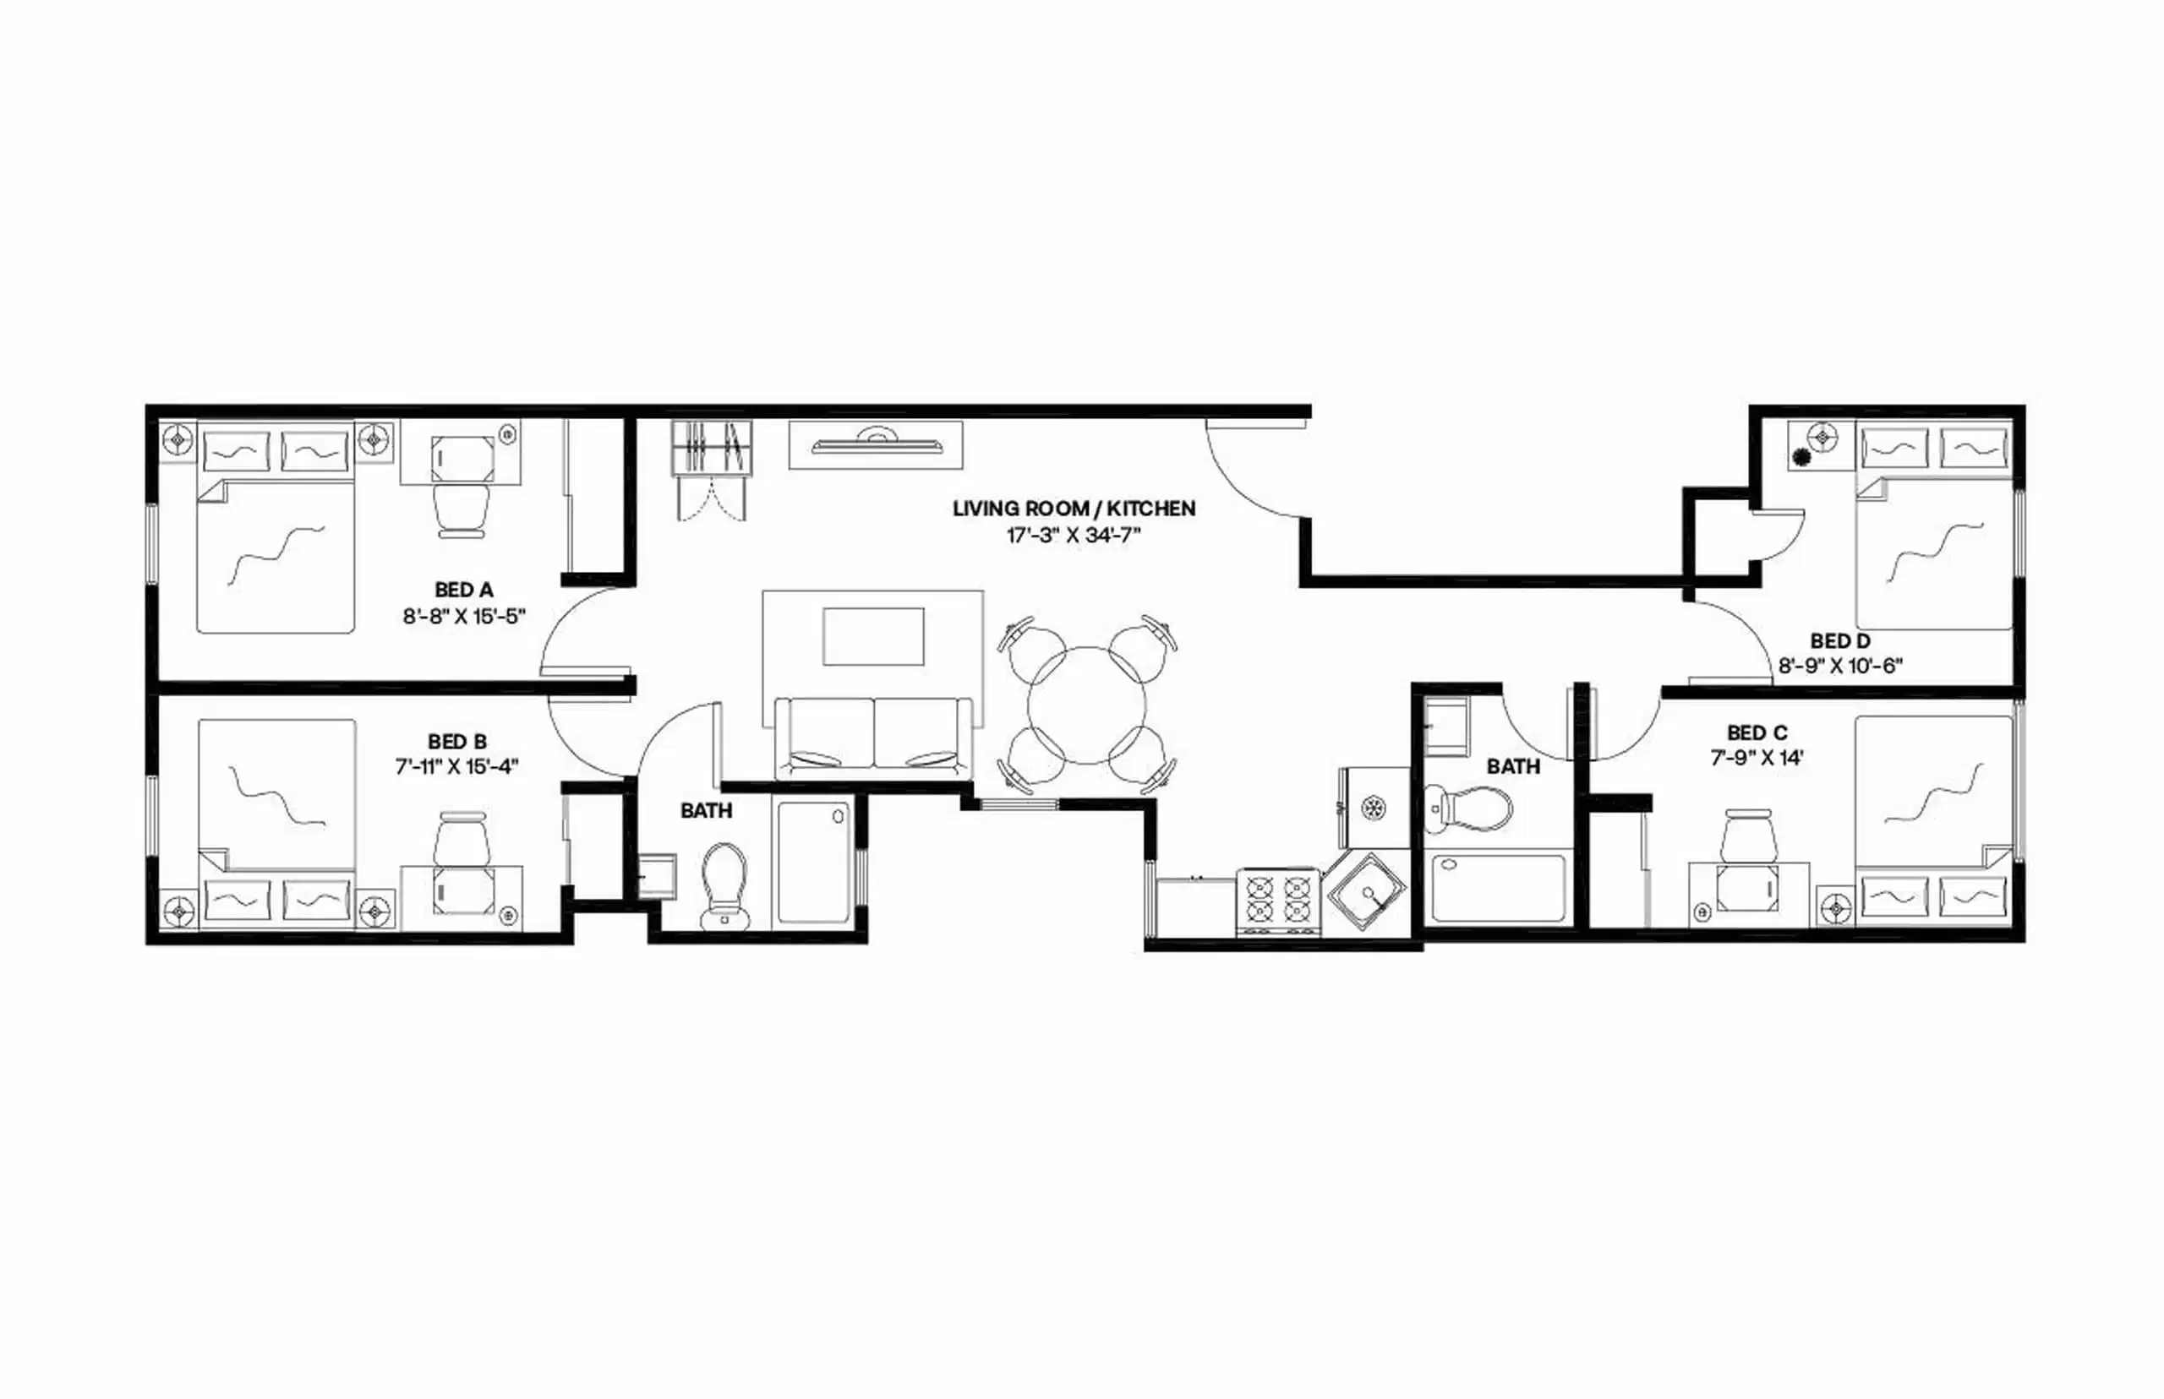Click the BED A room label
tap(463, 591)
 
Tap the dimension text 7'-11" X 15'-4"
tap(456, 767)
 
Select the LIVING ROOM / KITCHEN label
tap(1074, 509)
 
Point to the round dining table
tap(1087, 705)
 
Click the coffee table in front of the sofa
tap(873, 637)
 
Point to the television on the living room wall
tap(875, 444)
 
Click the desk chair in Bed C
tap(1751, 836)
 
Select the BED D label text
tap(1839, 641)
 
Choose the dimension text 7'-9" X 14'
tap(1757, 758)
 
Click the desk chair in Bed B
tap(462, 837)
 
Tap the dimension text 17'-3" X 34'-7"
tap(1074, 535)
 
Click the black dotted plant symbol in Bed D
tap(1801, 458)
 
